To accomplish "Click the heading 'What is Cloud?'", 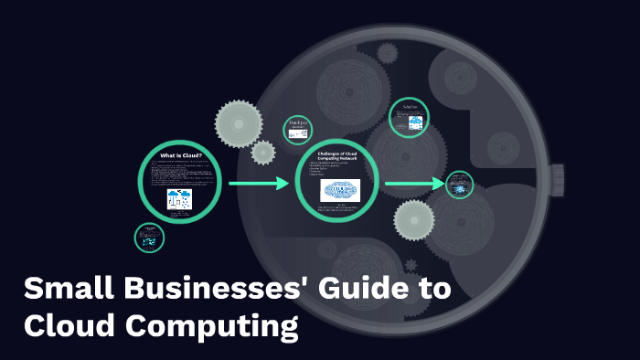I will click(x=180, y=156).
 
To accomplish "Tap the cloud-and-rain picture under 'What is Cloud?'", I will click(x=179, y=201).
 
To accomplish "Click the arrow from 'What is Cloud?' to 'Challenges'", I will click(x=258, y=184).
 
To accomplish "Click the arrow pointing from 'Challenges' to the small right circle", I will click(x=414, y=185).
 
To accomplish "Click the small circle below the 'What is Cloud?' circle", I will click(x=149, y=238).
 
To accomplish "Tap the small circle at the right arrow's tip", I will click(x=460, y=185).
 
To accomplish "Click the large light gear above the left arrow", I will click(x=240, y=118).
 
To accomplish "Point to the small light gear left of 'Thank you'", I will click(x=263, y=152).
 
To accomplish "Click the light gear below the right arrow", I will click(x=413, y=219).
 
